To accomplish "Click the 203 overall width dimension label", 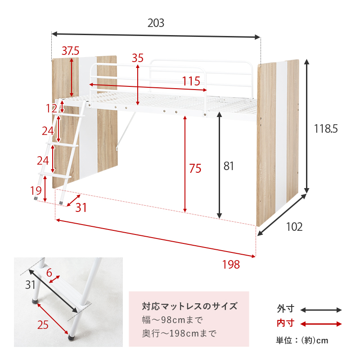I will click(x=156, y=23).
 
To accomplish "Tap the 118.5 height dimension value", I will click(x=325, y=129).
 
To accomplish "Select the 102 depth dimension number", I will click(x=294, y=227).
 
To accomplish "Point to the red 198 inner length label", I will click(x=231, y=265).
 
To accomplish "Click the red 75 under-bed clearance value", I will click(x=195, y=169).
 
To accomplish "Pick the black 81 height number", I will click(x=229, y=166).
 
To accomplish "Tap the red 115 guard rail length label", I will click(x=191, y=81).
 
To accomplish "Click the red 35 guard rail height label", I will click(x=137, y=58).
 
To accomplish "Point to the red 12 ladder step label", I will click(x=52, y=108).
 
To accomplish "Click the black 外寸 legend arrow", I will click(x=321, y=310).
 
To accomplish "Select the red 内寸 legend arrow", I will click(x=321, y=324).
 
